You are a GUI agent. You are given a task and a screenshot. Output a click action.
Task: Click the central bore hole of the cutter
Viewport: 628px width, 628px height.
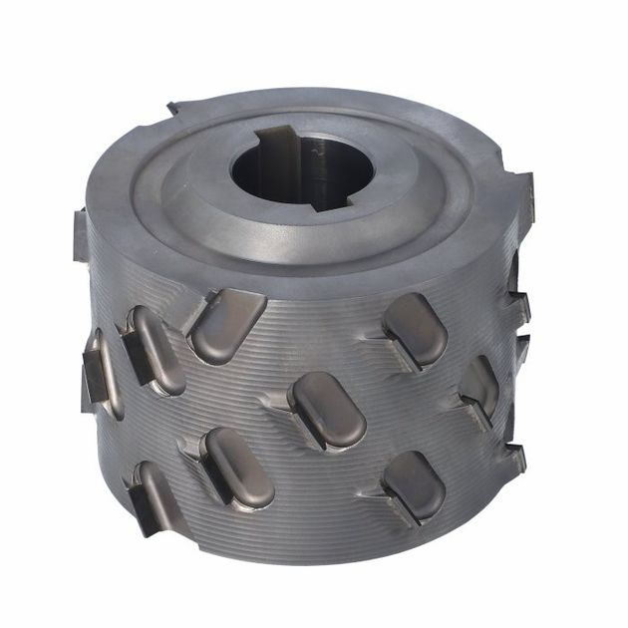[294, 169]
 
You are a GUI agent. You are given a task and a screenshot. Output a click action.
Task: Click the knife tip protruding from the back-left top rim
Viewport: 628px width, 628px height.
[173, 107]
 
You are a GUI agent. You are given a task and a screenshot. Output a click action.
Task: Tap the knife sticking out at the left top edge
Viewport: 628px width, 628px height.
[80, 234]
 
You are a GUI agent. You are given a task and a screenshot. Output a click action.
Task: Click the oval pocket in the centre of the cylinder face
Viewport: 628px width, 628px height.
[327, 410]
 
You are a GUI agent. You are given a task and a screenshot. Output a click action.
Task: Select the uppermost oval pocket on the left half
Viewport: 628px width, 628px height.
[227, 325]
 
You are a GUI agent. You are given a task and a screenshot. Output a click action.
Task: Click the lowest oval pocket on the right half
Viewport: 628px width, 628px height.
[414, 485]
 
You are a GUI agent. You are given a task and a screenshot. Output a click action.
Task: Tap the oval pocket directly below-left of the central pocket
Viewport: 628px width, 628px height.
[237, 467]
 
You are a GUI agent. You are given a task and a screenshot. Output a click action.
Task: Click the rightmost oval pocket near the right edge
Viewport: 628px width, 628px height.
[480, 386]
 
